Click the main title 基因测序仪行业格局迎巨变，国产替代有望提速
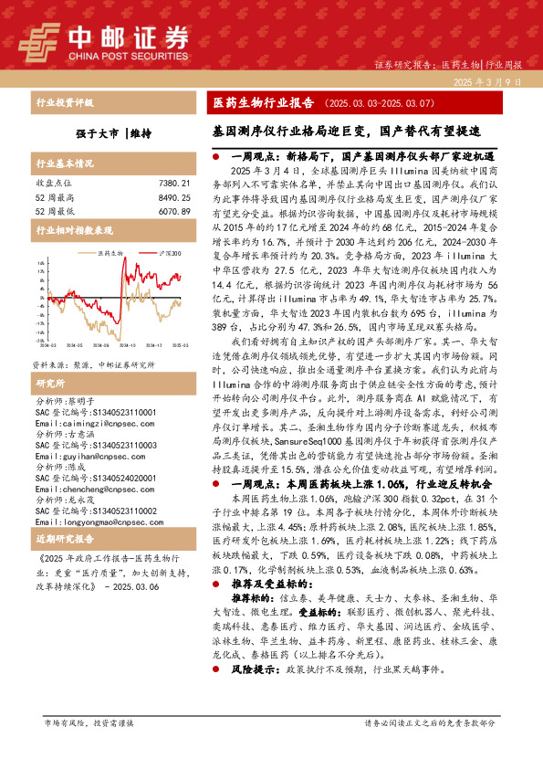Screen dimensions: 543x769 pos(360,131)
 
